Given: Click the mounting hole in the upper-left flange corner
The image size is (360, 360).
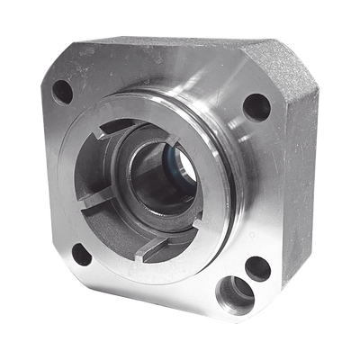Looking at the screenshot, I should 63,91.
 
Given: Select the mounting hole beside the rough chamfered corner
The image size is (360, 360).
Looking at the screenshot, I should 256,106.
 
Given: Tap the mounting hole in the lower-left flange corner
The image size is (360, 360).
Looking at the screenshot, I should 82,254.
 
